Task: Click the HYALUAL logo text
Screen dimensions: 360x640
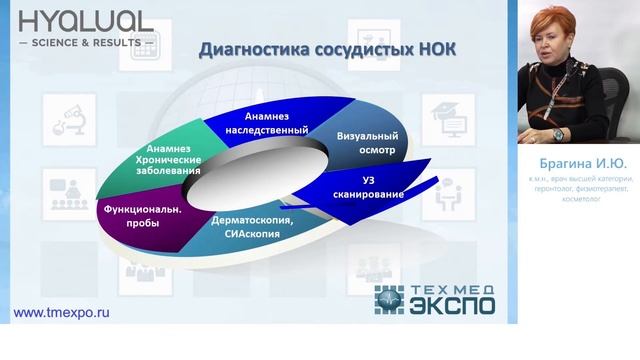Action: coord(86,21)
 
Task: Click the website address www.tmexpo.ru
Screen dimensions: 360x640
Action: coord(60,312)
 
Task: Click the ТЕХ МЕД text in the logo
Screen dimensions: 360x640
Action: coord(451,290)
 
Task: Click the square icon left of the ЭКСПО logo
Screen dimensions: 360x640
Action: coord(389,298)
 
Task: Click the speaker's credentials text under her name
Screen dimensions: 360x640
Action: coord(579,189)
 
